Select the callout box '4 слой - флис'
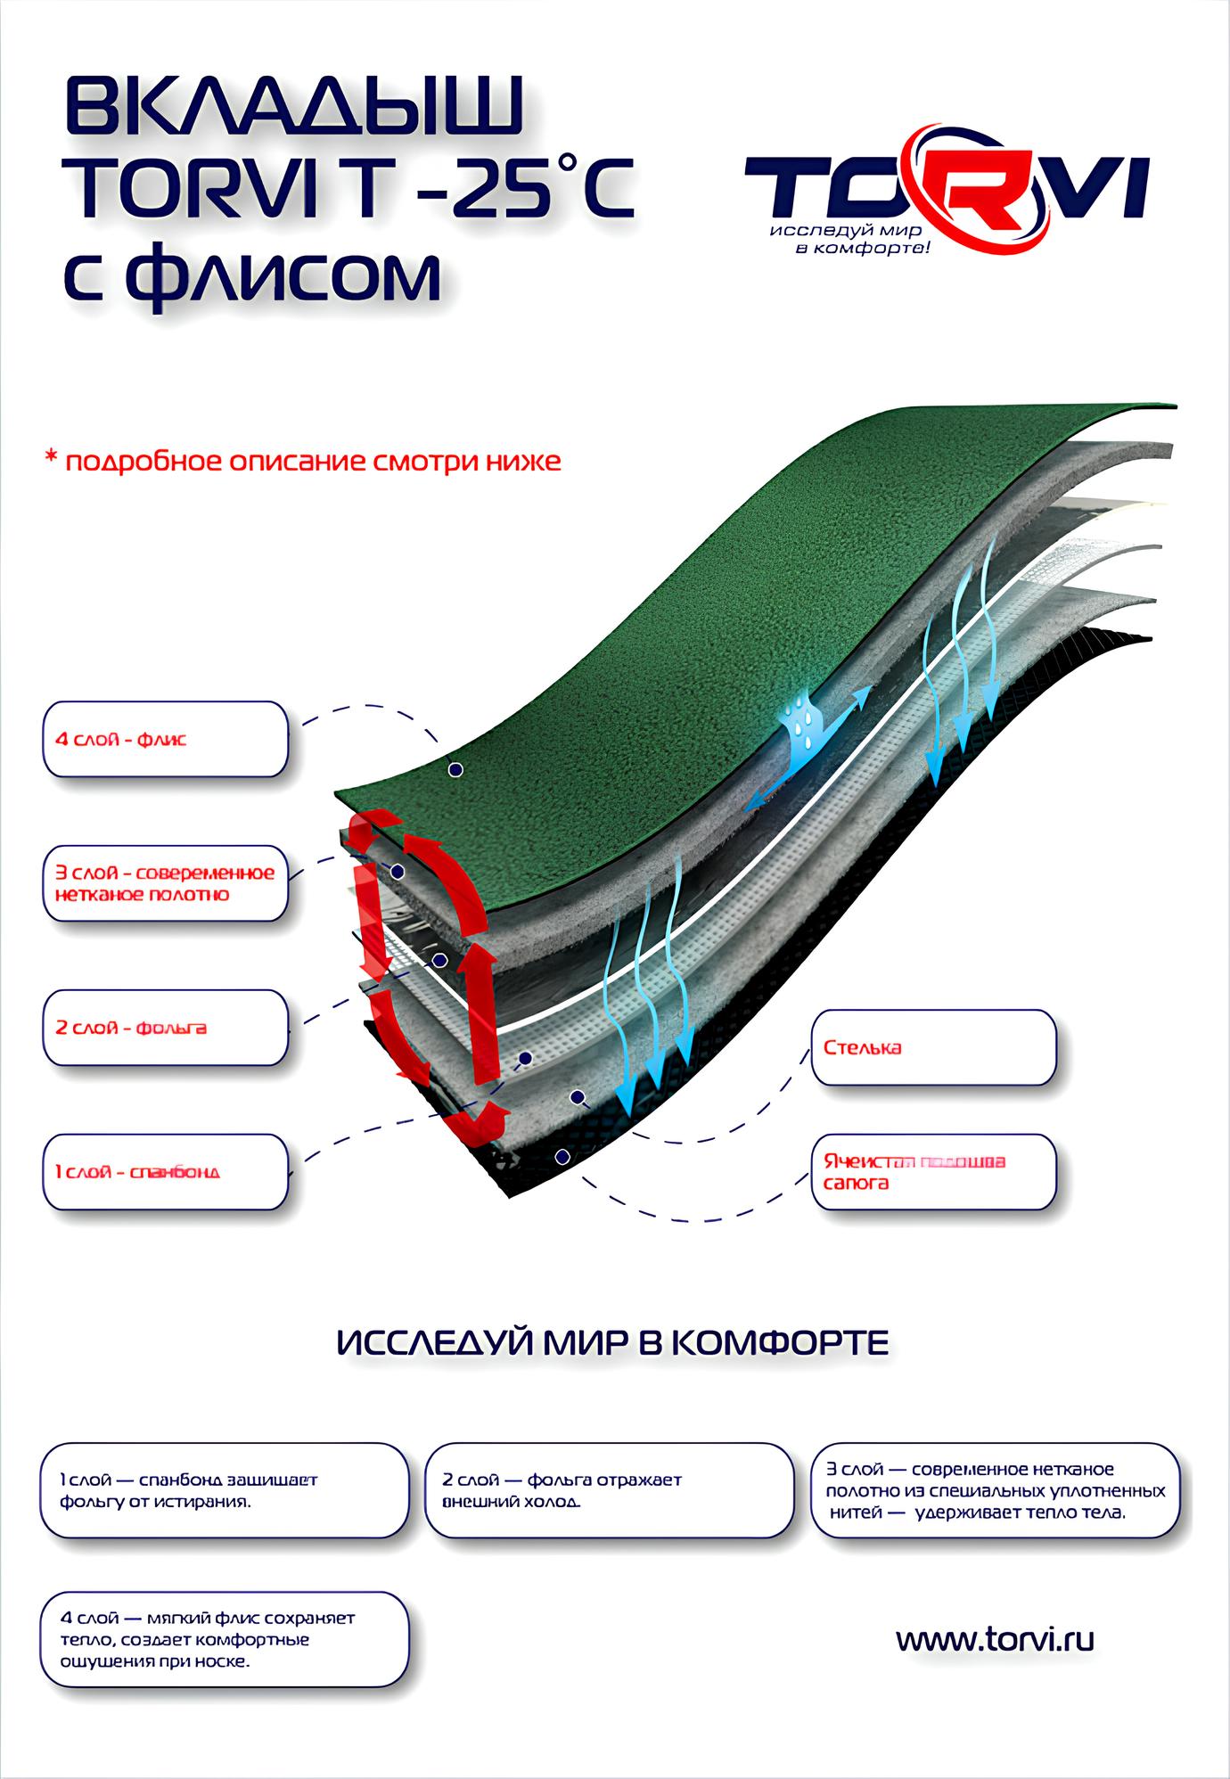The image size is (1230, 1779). [x=166, y=739]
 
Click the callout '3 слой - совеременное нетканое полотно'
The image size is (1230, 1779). [x=166, y=883]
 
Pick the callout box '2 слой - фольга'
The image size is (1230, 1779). [x=166, y=1028]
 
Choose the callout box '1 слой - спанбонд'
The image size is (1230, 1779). [x=166, y=1171]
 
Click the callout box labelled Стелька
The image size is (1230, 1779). [x=933, y=1047]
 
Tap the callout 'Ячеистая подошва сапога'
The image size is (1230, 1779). [x=933, y=1172]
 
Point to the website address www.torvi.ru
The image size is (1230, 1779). [x=995, y=1639]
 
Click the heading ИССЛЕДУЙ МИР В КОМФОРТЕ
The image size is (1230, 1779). [x=613, y=1342]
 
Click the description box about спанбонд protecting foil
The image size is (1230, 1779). [x=225, y=1490]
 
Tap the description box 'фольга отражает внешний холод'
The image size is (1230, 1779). [x=609, y=1490]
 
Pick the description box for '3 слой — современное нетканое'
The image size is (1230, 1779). [x=996, y=1490]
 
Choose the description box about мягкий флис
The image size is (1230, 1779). [x=225, y=1640]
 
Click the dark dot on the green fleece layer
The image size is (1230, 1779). [x=455, y=768]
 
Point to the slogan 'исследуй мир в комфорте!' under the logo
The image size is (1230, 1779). [x=851, y=238]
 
